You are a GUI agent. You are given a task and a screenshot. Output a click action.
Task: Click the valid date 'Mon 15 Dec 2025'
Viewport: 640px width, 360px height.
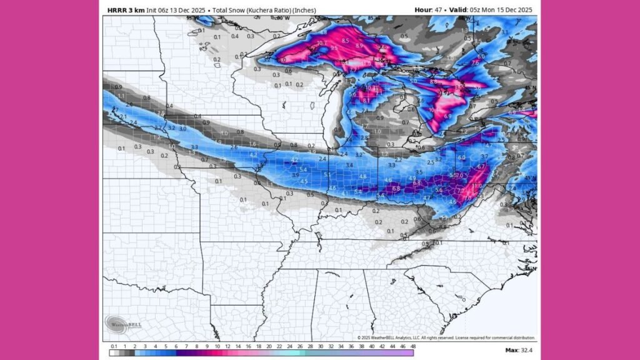coord(503,10)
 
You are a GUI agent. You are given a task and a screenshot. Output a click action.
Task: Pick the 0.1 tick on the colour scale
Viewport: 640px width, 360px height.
coord(114,346)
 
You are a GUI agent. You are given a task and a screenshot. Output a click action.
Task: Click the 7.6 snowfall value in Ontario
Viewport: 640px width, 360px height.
coord(475,62)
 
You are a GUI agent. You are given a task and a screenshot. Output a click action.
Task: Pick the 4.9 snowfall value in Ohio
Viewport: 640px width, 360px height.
coord(412,177)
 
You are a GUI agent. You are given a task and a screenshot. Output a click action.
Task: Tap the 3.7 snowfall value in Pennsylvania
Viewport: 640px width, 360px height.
coord(484,156)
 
